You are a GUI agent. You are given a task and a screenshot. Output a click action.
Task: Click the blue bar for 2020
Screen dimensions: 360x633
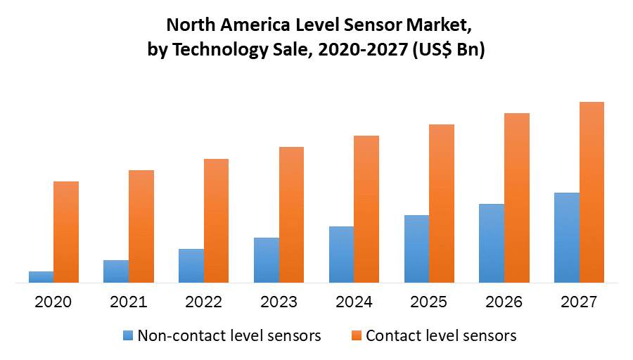[41, 277]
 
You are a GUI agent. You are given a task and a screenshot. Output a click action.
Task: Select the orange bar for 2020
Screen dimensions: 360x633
[66, 232]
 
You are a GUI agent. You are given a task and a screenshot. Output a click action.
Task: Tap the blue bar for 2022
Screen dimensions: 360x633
[191, 266]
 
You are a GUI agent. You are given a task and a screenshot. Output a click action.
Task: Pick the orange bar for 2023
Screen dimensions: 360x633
[291, 214]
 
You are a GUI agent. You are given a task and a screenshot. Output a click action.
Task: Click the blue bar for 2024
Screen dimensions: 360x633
[341, 255]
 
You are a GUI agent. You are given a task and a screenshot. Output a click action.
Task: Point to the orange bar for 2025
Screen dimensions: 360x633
[442, 203]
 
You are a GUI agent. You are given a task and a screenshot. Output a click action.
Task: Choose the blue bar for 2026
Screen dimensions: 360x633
[492, 243]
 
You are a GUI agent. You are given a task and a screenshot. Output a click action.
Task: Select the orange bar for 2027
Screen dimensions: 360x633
[592, 192]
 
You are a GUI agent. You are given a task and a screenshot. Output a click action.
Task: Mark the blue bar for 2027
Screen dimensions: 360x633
[567, 238]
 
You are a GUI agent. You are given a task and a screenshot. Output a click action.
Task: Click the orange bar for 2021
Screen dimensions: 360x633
[141, 226]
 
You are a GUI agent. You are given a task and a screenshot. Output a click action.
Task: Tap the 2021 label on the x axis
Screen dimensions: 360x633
[129, 302]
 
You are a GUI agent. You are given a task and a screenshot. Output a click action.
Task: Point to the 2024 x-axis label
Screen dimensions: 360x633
[354, 302]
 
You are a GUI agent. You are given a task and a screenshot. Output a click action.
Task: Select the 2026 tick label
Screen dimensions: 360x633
[504, 302]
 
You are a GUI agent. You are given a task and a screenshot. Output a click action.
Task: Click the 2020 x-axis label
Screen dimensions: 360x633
[53, 302]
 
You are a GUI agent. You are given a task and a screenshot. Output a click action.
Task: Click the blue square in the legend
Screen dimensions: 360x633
[127, 335]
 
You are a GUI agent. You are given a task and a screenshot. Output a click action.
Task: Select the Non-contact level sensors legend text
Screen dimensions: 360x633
[229, 335]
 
